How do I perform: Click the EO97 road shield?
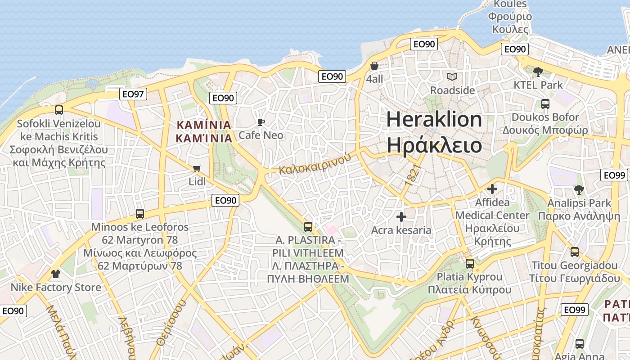point(134,94)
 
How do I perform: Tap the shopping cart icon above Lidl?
point(197,169)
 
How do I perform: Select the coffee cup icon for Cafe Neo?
point(261,122)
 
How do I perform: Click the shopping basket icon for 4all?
point(374,66)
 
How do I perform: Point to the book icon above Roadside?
point(452,77)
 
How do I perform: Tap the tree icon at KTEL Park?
point(538,72)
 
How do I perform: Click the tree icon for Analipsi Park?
point(579,190)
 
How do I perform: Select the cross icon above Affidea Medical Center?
point(492,189)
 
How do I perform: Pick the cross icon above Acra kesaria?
point(401,217)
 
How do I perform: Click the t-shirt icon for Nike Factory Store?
point(56,274)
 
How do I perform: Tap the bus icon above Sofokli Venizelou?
point(58,110)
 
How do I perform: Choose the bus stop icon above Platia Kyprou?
point(470,264)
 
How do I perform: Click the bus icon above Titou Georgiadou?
point(575,252)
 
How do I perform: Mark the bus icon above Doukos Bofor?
point(545,104)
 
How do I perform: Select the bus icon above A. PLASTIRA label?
point(308,226)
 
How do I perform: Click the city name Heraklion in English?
point(434,119)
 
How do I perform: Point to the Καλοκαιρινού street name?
point(315,164)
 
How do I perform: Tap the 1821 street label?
point(413,174)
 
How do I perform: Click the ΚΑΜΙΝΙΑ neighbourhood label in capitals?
point(204,125)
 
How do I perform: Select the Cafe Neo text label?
point(261,135)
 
